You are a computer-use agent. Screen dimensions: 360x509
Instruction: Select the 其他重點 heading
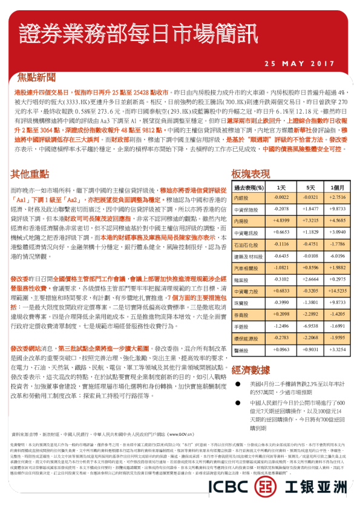(30, 173)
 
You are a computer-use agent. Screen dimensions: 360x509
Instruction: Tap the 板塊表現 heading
(251, 173)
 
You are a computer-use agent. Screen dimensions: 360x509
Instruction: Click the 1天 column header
(281, 187)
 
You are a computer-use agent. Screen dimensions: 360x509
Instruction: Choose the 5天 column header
(310, 187)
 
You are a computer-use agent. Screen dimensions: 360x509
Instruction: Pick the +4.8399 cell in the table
(281, 221)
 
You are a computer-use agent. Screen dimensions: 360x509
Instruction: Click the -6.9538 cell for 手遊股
(310, 326)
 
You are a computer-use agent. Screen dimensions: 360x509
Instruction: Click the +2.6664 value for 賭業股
(310, 279)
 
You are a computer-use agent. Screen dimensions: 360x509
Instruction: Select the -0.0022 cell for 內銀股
(281, 198)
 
